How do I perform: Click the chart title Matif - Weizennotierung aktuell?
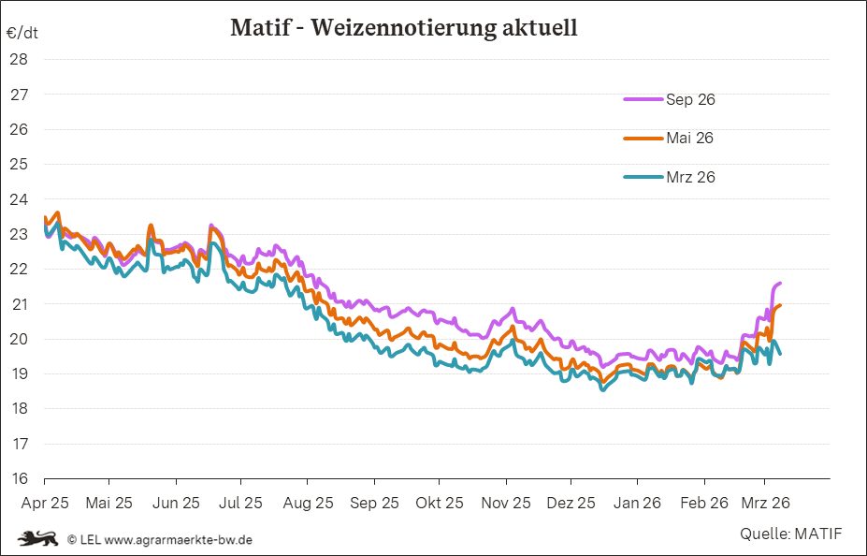403,28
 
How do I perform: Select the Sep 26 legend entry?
690,99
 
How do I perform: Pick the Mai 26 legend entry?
690,138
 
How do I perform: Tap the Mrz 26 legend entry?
690,177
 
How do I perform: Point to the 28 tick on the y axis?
18,59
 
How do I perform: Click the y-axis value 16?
18,478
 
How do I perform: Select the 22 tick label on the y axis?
18,269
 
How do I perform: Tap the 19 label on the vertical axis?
18,373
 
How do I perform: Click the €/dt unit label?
22,33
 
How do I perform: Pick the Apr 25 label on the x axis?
44,503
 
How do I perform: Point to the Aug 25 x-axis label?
308,503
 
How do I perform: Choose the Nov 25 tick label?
506,503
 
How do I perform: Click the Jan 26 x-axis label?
638,503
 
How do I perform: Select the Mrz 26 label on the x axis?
767,503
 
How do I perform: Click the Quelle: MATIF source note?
790,534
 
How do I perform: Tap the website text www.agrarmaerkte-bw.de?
178,539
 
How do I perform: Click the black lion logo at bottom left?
38,538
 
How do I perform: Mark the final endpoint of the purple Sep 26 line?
780,283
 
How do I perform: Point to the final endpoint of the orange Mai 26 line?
780,305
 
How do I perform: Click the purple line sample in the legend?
643,99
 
